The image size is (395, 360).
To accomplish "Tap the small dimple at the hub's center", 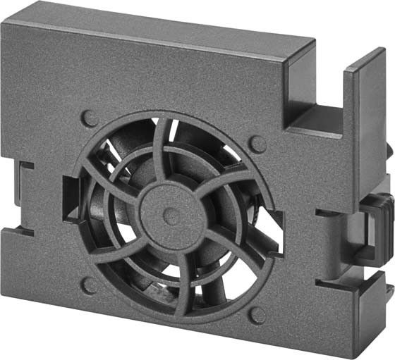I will coord(171,216).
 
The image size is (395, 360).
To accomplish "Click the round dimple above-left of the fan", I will coord(89,118).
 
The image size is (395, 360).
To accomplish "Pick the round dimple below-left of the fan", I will coord(88,285).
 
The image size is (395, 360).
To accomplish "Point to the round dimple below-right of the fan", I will coord(257,315).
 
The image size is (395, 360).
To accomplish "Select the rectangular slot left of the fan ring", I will coord(71,197).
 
